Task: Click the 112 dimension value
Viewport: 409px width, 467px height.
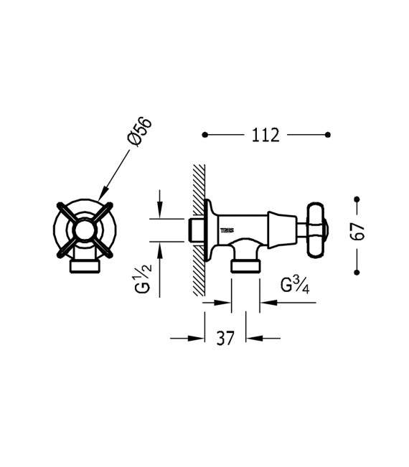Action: point(265,135)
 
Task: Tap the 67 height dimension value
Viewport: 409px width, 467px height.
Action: point(357,231)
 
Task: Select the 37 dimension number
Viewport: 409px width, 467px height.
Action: point(225,338)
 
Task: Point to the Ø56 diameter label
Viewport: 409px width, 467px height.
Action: point(139,132)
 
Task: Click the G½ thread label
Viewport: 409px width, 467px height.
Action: point(144,278)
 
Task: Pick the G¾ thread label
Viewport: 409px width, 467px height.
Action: point(295,285)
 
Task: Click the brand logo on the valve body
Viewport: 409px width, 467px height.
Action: point(227,230)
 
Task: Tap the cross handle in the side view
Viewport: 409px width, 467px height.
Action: point(316,230)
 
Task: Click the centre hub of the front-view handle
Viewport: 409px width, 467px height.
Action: point(84,230)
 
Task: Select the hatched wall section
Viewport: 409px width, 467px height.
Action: point(199,230)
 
